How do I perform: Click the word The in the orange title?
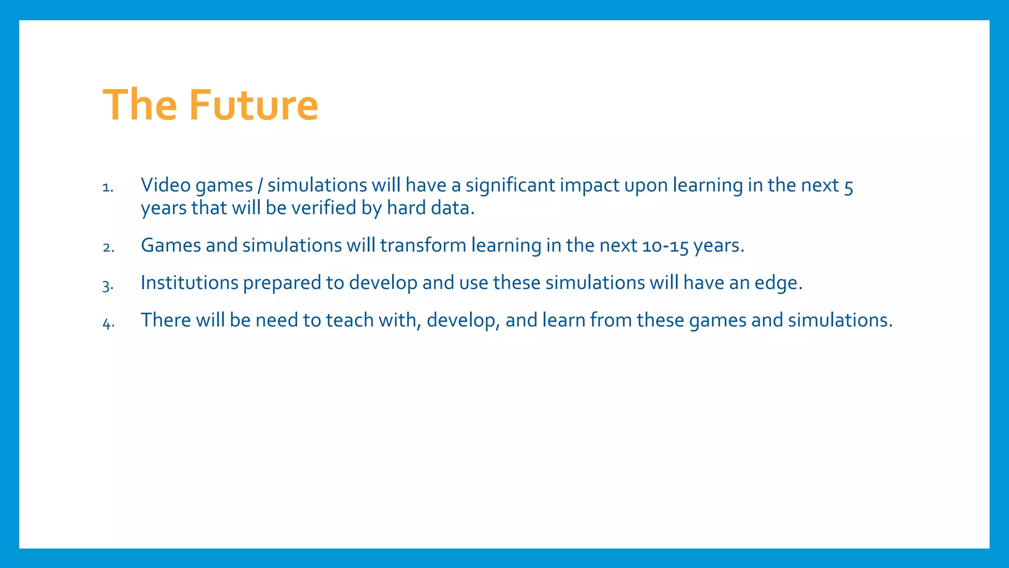(139, 105)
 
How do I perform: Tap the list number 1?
(107, 188)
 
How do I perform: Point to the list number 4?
(108, 323)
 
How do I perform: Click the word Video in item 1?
(166, 185)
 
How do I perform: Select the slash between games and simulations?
(260, 186)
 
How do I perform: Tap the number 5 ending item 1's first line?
(848, 186)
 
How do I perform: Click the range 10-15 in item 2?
(665, 246)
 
